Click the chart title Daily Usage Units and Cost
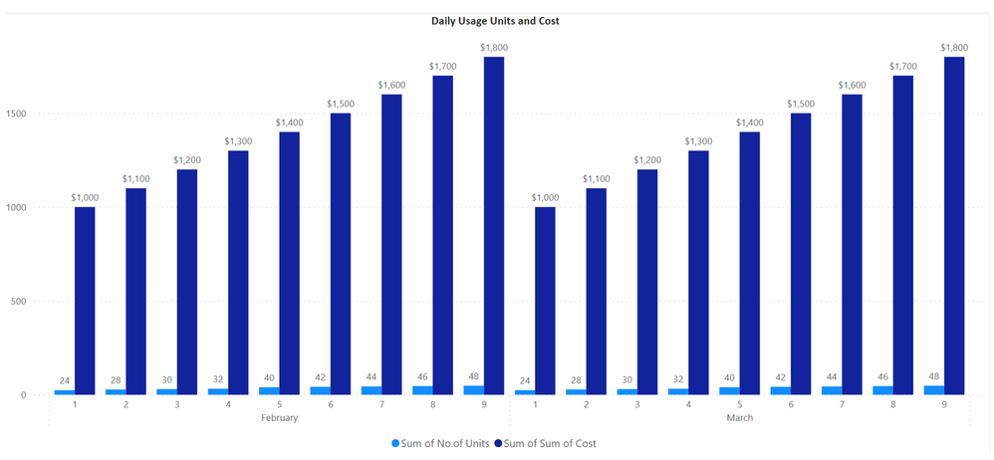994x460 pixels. pos(495,21)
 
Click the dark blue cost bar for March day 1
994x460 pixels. pos(545,300)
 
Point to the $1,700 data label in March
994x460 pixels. pos(902,66)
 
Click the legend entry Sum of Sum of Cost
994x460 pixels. pos(550,443)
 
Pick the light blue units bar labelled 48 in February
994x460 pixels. pos(473,389)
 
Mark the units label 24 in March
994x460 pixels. pos(525,379)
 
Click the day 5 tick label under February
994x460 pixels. pos(279,404)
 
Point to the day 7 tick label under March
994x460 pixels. pos(842,404)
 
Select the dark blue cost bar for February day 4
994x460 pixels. pos(237,272)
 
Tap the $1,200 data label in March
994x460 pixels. pos(647,159)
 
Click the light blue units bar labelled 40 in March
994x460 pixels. pos(729,390)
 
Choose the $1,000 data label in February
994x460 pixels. pos(84,197)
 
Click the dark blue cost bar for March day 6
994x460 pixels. pos(800,254)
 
